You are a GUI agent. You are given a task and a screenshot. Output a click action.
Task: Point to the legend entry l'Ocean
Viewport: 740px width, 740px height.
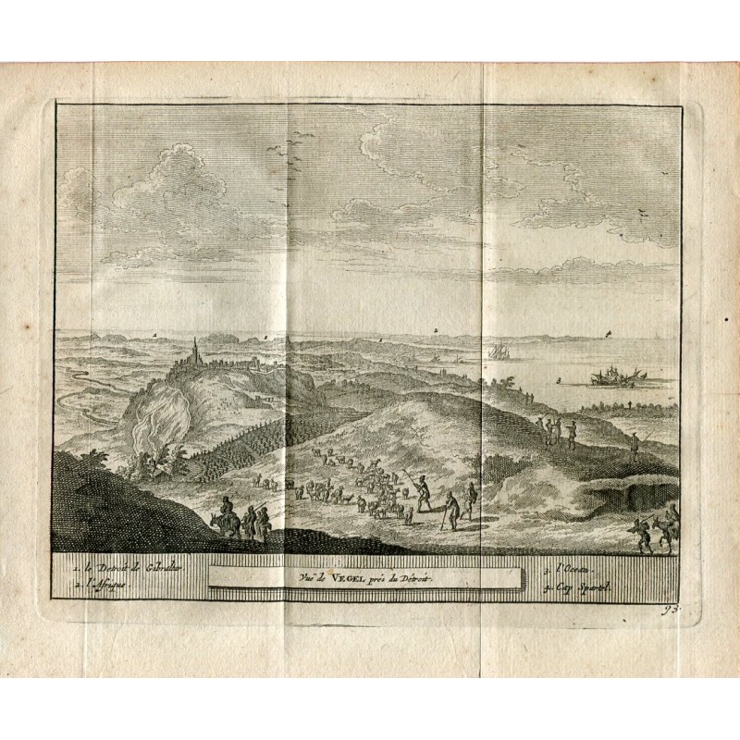[x=567, y=565]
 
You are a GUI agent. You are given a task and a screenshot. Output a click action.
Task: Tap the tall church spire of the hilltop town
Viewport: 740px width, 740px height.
[x=195, y=351]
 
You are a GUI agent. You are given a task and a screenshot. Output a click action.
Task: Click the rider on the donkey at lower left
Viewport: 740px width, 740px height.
[x=227, y=520]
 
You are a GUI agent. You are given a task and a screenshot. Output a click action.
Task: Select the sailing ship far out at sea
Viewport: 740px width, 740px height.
[x=497, y=352]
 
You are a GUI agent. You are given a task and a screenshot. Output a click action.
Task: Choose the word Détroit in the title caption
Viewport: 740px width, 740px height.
[x=414, y=575]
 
